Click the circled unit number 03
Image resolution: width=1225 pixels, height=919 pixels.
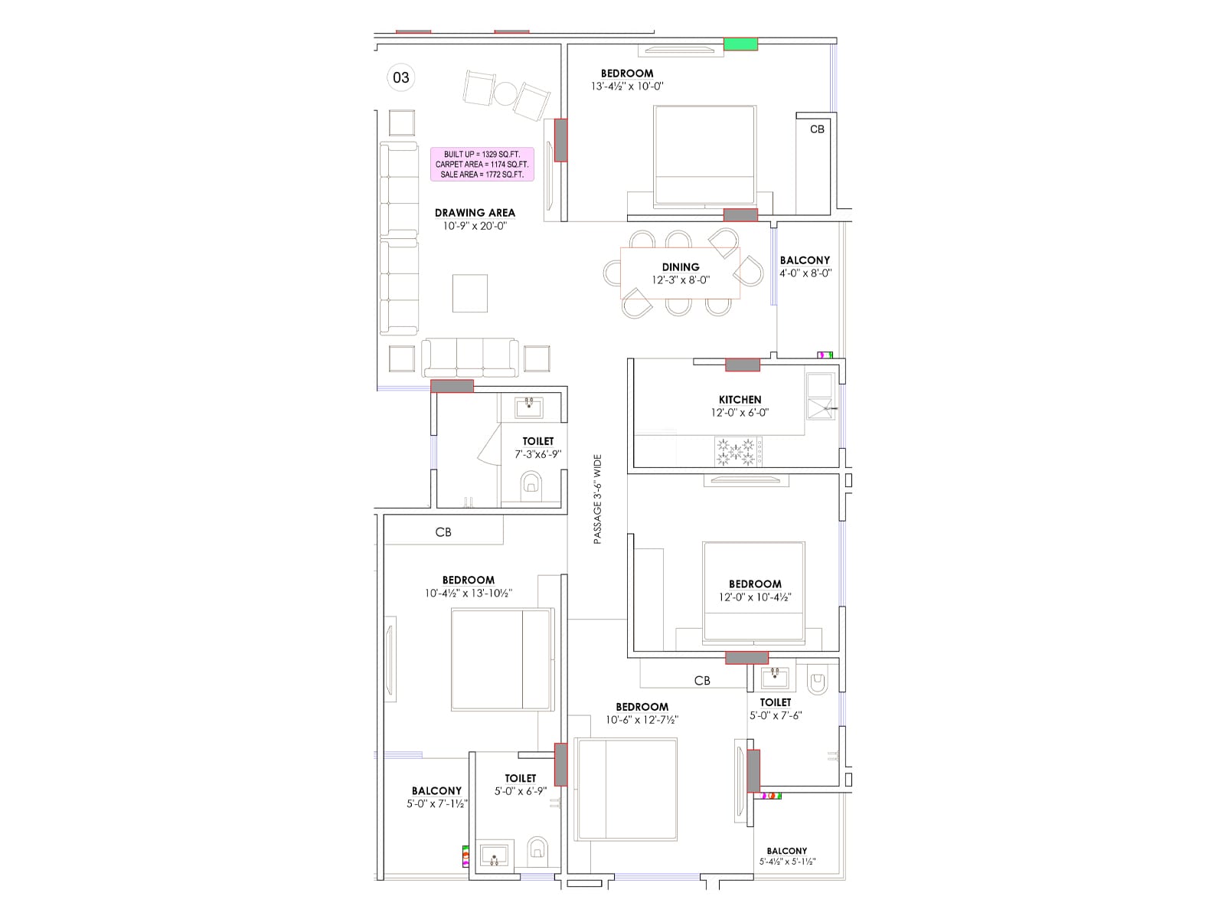point(401,77)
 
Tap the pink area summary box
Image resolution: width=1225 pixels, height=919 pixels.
point(482,164)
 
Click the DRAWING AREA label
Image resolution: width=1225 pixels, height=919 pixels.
point(475,213)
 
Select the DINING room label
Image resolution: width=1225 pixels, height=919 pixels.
point(681,267)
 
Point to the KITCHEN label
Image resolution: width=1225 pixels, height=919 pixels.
point(740,400)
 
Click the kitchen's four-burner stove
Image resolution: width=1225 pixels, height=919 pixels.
point(738,451)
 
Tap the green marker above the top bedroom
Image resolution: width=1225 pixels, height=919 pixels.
point(740,44)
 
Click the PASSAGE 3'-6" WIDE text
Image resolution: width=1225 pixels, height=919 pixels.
point(598,499)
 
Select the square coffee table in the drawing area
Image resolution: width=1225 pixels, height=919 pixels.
point(469,293)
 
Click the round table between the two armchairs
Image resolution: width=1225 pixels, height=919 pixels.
point(505,93)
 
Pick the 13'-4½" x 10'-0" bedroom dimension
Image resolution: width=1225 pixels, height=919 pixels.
point(627,87)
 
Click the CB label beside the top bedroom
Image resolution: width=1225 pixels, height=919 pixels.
point(817,129)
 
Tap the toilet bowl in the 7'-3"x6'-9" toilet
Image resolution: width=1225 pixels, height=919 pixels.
point(531,485)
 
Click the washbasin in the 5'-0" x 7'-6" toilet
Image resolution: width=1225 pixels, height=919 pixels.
point(775,678)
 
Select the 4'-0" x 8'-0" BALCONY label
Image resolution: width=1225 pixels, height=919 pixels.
point(805,260)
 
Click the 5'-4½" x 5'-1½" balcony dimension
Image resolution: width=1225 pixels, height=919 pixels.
point(787,862)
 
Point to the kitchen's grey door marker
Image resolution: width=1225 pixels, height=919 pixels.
point(742,365)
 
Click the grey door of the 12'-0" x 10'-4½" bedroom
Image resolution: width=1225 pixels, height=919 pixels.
point(746,657)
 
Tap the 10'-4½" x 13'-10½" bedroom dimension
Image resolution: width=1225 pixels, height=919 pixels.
point(468,594)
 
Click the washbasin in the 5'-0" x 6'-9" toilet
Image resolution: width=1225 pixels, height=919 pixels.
point(494,855)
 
